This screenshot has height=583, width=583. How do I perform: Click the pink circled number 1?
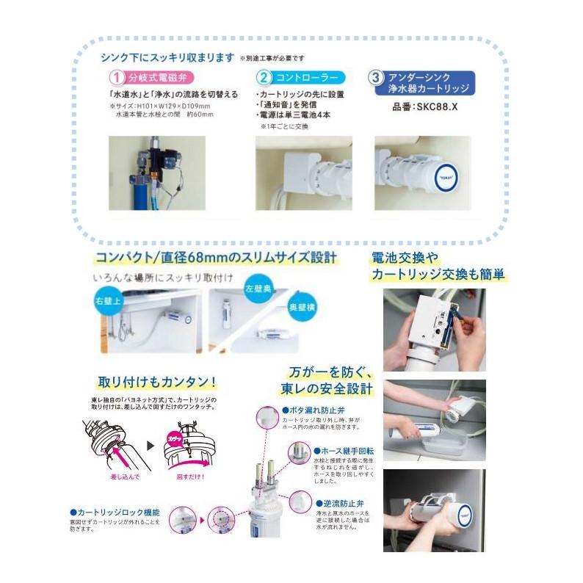(x=116, y=76)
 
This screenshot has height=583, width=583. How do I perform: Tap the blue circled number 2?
(x=264, y=76)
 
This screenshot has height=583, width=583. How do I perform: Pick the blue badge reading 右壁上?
(x=108, y=300)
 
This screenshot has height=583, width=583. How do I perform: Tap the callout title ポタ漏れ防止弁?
(x=314, y=410)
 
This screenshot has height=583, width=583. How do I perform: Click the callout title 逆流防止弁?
(x=338, y=504)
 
